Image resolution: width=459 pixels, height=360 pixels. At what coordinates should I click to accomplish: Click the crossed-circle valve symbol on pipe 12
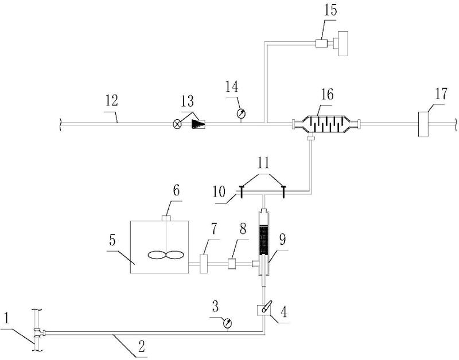[x=177, y=123]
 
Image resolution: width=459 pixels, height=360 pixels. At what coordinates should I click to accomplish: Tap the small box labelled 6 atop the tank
[x=168, y=218]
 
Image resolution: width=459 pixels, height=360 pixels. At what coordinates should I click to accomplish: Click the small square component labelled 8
[x=233, y=264]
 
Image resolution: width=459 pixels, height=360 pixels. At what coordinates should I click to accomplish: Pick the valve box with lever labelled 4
[x=263, y=309]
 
